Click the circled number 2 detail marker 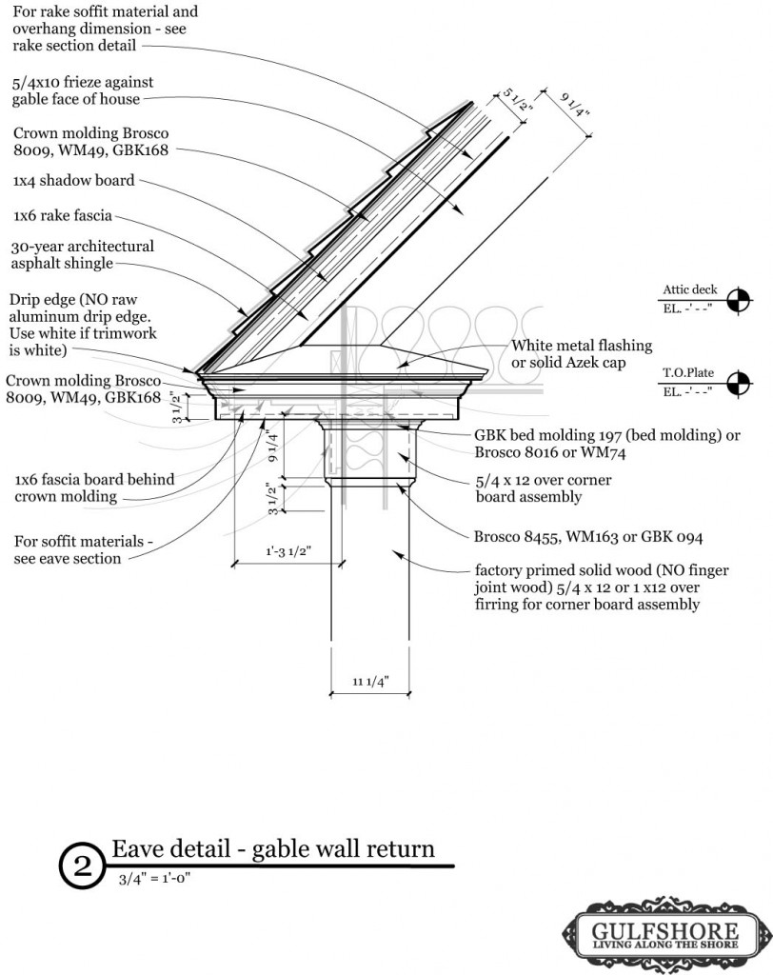[82, 865]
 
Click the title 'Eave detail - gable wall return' [273, 848]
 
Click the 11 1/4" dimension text [370, 681]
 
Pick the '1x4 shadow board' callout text [74, 180]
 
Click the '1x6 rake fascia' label [67, 215]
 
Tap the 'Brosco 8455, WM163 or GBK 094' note [588, 536]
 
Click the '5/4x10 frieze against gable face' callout [83, 90]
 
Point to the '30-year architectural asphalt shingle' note [84, 254]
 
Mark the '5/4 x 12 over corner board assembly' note [543, 487]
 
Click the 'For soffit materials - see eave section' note [83, 549]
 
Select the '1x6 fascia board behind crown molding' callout [94, 487]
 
